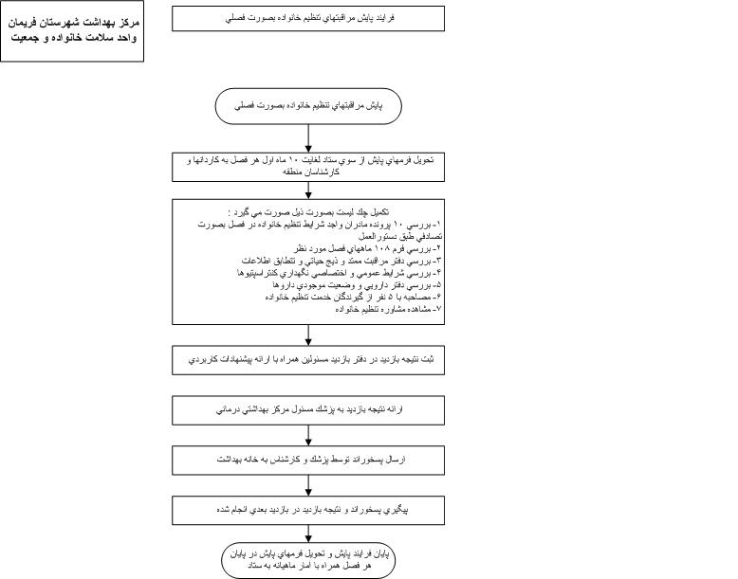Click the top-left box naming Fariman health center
point(72,30)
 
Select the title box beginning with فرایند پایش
point(308,18)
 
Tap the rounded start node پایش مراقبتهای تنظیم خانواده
point(308,107)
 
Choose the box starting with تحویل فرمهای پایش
point(308,166)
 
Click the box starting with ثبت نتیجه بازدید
point(308,361)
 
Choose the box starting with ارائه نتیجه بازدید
point(308,410)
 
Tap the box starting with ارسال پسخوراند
point(308,460)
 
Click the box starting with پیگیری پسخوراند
point(308,509)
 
